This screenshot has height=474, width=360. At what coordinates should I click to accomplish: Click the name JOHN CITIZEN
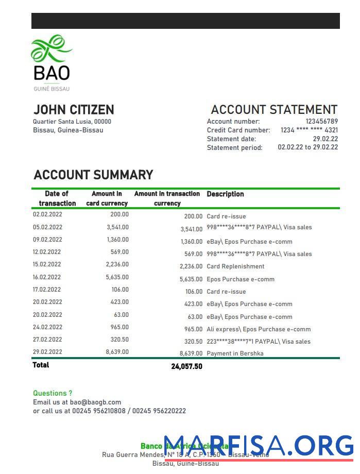coord(74,110)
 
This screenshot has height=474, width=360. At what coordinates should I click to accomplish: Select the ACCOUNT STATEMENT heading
coord(274,110)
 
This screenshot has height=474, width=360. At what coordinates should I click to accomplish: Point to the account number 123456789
coord(321,122)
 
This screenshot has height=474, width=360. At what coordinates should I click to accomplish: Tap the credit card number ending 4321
coord(309,130)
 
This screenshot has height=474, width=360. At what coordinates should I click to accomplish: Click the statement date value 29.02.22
coord(325,139)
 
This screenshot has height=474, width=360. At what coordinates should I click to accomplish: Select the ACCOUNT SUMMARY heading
coord(93,175)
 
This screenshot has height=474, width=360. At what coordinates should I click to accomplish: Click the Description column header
coord(225,194)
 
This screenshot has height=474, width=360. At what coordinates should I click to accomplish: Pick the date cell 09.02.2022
coord(47,240)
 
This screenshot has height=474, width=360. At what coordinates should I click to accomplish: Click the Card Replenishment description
coord(235,266)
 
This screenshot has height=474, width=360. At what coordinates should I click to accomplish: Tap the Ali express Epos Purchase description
coord(259,329)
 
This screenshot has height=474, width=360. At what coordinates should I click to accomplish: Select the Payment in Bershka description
coord(235,353)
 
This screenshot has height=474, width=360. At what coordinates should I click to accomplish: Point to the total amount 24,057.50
coord(186,367)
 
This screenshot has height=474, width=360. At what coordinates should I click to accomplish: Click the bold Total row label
coord(41,365)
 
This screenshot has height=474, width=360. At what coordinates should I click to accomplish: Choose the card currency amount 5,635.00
coord(117,277)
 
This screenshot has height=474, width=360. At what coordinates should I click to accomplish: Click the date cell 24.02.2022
coord(47,327)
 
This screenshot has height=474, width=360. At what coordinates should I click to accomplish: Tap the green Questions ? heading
coord(53,393)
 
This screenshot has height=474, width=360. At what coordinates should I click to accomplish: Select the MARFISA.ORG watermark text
coord(259,445)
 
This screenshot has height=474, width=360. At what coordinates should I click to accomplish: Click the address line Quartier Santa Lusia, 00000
coord(72,122)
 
